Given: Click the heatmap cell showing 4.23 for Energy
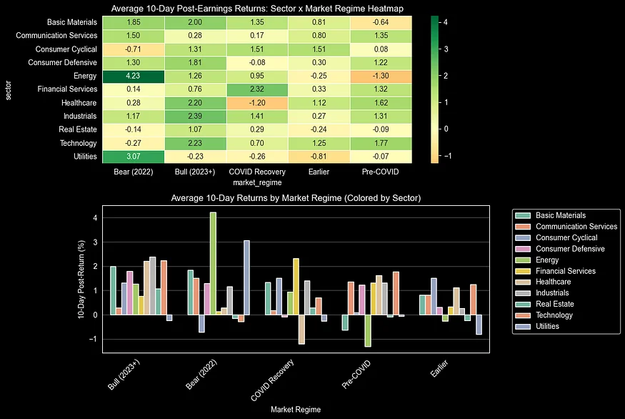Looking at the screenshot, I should pyautogui.click(x=133, y=77).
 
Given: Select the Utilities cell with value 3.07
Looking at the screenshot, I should pyautogui.click(x=133, y=156).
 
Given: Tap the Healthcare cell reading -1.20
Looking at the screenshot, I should pyautogui.click(x=258, y=103).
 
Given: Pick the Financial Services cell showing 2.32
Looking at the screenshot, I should pyautogui.click(x=258, y=89).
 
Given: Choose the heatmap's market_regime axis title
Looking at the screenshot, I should pyautogui.click(x=258, y=184).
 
